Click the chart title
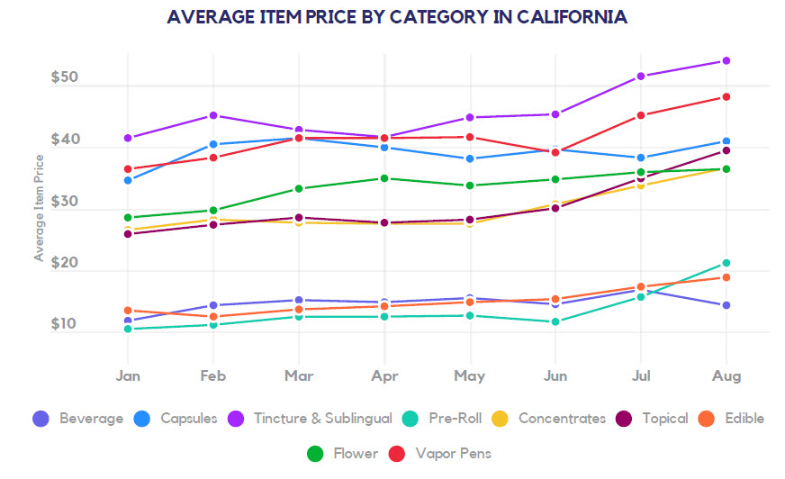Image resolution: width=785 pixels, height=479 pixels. pos(397,17)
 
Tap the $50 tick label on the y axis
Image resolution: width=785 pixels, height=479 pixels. pos(65,78)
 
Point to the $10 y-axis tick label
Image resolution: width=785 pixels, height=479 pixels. pos(65,324)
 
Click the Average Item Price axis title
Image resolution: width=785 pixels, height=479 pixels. pos(39,207)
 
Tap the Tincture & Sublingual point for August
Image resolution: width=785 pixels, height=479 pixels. pos(726,61)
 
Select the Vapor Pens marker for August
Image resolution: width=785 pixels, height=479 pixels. pos(726,97)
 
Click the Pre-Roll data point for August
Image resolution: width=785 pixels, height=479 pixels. pos(726,264)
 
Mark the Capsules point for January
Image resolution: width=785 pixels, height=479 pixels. pos(128,180)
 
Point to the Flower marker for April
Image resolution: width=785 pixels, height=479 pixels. pos(384,178)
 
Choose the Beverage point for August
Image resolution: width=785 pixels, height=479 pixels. pos(726,305)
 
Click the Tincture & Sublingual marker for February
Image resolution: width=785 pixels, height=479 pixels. pos(213,115)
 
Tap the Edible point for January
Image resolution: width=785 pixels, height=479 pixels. pos(128,311)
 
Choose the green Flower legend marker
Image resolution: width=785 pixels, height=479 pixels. pos(315,453)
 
